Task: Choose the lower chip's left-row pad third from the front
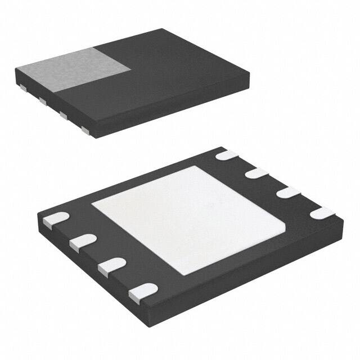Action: [83, 242]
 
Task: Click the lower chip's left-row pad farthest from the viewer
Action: [55, 219]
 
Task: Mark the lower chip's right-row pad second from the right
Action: [287, 192]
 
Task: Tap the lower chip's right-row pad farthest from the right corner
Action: [227, 155]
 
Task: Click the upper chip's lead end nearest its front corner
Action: [86, 130]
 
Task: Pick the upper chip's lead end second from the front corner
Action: [62, 116]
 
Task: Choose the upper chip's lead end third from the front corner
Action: [42, 101]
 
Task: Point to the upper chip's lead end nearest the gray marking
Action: [23, 88]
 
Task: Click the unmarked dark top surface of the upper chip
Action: [180, 73]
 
